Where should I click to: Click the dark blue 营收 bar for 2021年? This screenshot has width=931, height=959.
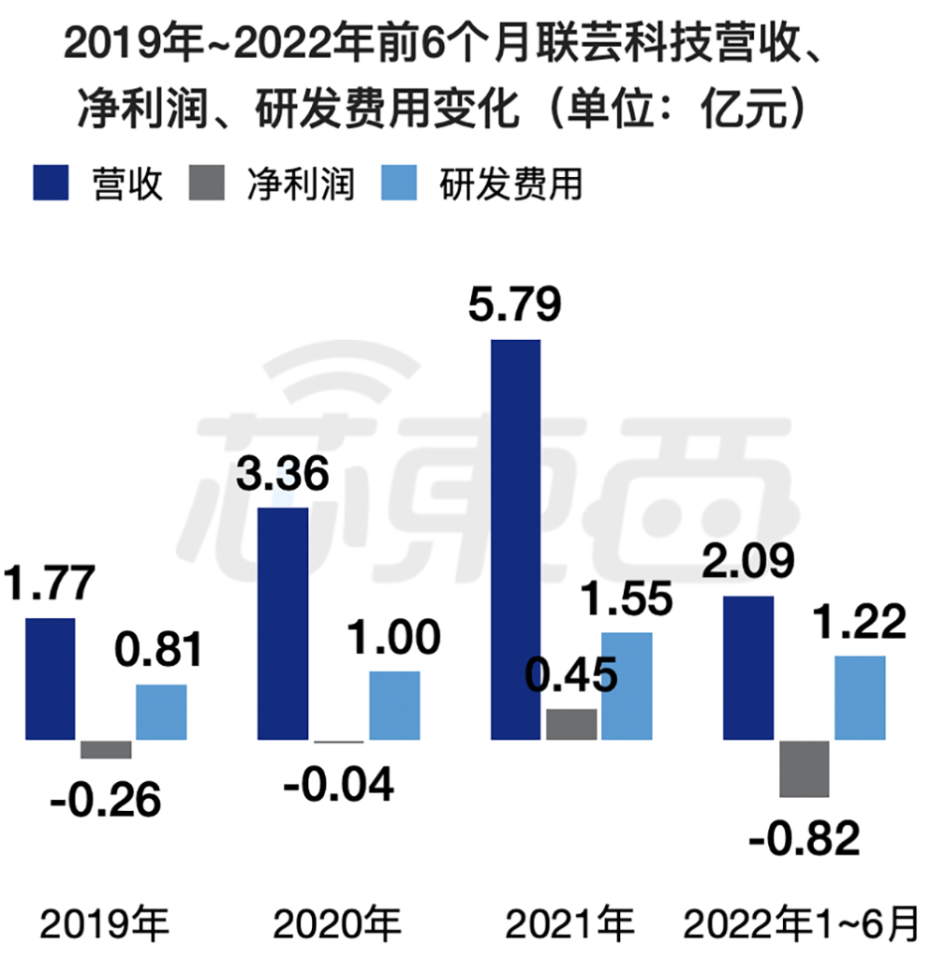coord(515,539)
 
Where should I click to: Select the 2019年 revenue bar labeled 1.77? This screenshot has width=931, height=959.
coord(50,679)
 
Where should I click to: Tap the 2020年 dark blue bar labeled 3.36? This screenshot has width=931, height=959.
coord(282,624)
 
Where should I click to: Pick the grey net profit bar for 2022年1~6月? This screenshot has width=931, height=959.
coord(805,768)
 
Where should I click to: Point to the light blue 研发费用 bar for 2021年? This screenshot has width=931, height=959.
coord(627,686)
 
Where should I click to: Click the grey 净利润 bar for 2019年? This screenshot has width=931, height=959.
coord(106,749)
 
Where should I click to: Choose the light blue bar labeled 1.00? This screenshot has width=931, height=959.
coord(393,705)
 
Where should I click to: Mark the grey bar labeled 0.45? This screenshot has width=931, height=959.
coord(571,724)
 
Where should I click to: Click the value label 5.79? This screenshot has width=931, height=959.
coord(514,305)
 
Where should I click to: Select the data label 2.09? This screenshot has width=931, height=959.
coord(748,562)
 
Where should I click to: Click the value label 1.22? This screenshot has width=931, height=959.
coord(859,622)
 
